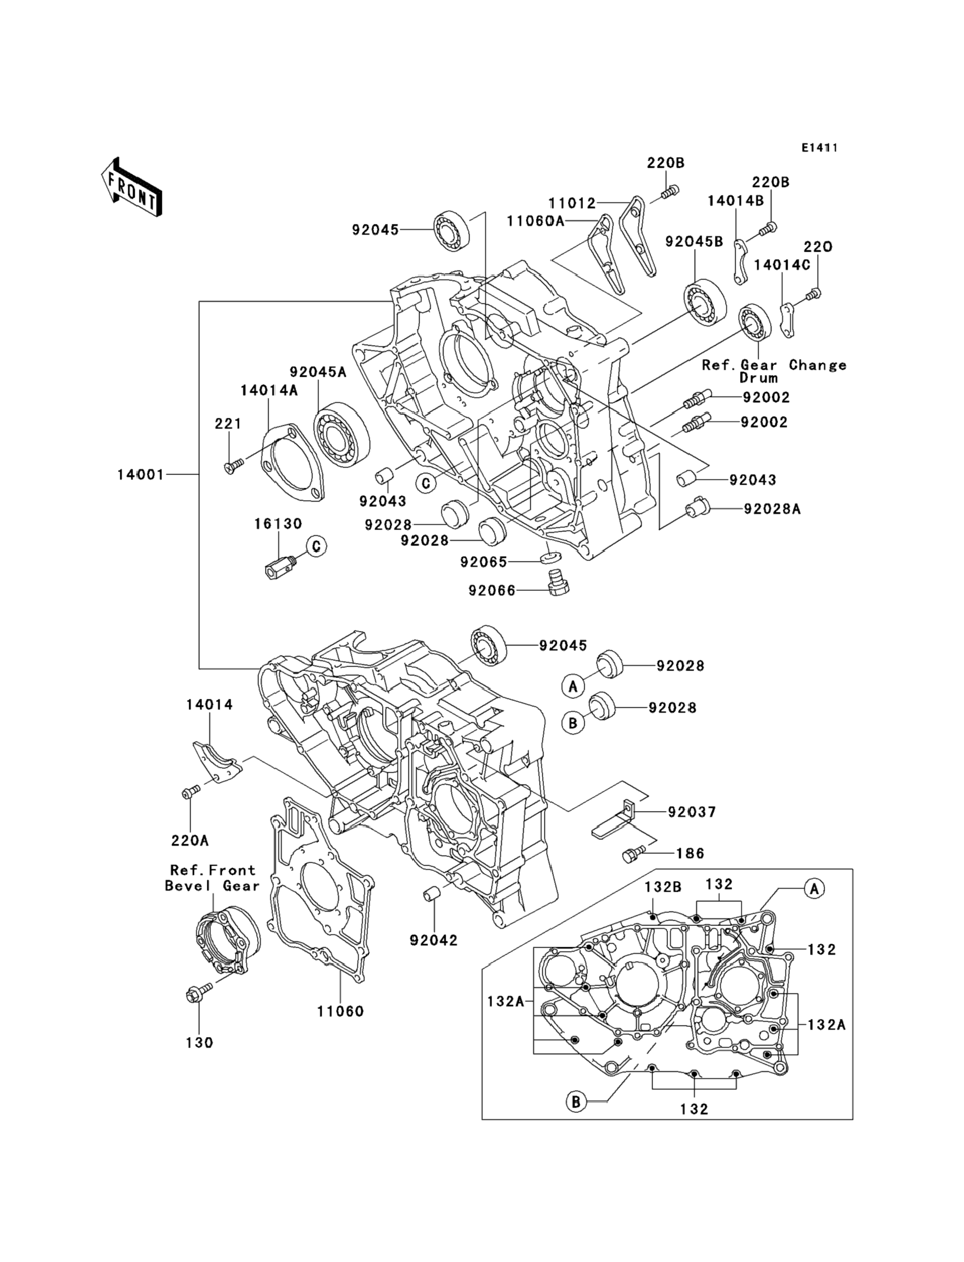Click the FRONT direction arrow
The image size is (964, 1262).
pos(131,187)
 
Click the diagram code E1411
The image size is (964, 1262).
pos(819,148)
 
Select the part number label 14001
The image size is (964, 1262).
pos(141,475)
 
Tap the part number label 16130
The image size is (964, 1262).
pos(278,524)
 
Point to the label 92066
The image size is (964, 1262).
pos(492,590)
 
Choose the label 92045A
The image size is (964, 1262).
pos(318,372)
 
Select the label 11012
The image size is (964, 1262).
pos(572,203)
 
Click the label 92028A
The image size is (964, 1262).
pos(772,509)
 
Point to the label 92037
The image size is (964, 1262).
pos(692,812)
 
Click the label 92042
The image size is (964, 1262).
pos(434,940)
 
